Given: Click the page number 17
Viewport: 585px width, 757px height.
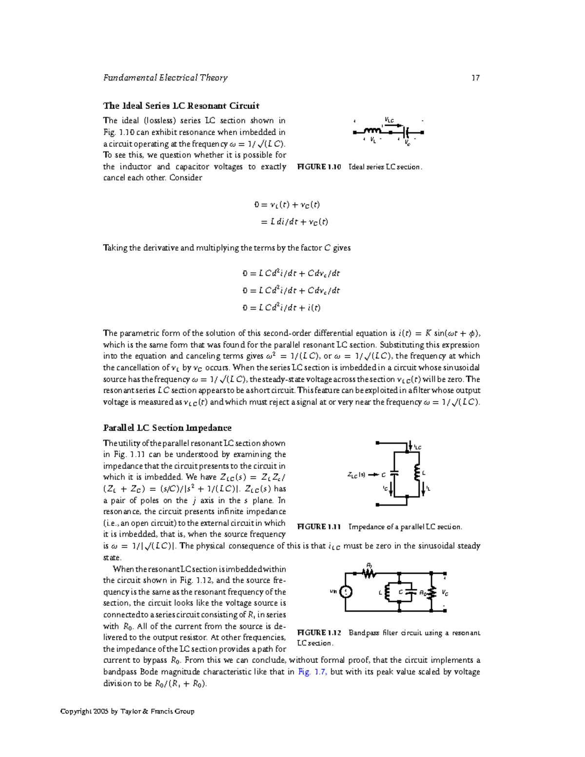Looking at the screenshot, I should click(x=475, y=78).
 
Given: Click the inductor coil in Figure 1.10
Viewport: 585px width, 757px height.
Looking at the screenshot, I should click(x=372, y=131).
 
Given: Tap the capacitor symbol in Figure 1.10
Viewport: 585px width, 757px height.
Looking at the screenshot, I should click(x=406, y=132).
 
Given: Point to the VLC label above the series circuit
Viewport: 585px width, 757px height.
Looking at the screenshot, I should click(x=389, y=120).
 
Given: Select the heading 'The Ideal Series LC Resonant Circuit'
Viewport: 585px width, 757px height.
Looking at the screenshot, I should click(x=181, y=106).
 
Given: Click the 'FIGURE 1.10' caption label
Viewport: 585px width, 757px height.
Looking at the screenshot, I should click(x=319, y=167).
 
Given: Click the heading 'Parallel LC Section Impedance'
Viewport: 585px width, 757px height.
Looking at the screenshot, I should click(x=167, y=428).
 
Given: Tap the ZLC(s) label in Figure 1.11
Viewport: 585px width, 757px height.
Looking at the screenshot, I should click(x=356, y=475).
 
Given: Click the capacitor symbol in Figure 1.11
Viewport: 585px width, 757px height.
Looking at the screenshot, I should click(x=395, y=473).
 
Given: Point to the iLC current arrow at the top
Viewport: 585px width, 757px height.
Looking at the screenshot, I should click(x=409, y=446).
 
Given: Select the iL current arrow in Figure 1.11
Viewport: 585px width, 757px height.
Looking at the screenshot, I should click(x=424, y=489).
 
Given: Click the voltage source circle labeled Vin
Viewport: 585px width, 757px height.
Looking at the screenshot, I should click(x=346, y=592).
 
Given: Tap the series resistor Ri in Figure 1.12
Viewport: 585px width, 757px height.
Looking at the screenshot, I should click(x=369, y=574).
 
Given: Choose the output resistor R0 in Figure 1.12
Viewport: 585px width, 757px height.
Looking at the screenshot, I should click(x=431, y=593).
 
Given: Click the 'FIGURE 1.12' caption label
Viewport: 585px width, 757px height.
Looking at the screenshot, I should click(x=319, y=633).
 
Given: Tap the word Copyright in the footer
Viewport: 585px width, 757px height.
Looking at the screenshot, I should click(x=76, y=712).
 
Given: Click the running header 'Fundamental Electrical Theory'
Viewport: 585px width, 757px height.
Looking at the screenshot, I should click(x=165, y=78).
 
